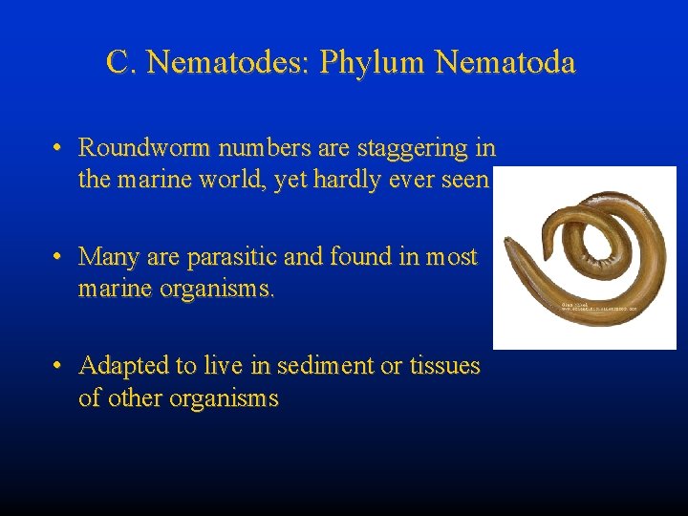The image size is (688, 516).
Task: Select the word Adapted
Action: coord(122,366)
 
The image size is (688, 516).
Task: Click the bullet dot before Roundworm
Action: coord(59,149)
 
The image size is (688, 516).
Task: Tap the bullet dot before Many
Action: coord(59,258)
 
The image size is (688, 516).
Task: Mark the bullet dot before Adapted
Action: coord(59,367)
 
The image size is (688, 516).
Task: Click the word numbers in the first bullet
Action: coord(247,148)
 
